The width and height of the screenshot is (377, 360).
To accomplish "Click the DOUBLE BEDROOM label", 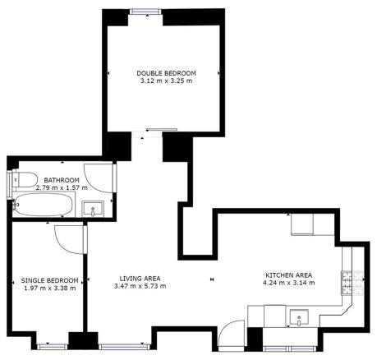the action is pos(166,73).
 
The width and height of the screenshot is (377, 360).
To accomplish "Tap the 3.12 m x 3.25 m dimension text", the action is pos(166,81).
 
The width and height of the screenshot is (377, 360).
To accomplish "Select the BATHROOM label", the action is pos(62,180).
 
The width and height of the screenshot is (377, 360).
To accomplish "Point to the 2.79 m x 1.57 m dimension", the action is pos(62,187).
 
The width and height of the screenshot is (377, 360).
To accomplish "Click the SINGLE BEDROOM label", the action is pos(50,280).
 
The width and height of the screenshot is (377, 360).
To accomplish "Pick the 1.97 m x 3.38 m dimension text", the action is pos(50,288).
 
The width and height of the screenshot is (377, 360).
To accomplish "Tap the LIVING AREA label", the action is pos(140,279).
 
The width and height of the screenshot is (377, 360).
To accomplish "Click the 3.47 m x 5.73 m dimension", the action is pos(140,286).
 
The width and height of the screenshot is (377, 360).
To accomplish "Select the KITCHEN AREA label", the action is pos(289,275).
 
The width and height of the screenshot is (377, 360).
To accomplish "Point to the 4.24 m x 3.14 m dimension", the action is pos(289,283).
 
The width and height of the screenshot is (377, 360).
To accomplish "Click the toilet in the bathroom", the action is pos(24,180).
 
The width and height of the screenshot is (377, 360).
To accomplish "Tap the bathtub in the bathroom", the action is pos(44,205).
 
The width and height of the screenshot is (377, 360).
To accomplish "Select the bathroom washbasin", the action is pos(93,209).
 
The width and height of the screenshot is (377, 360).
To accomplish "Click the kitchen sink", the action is pos(299,317).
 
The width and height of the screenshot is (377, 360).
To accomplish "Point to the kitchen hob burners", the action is pos(352,283).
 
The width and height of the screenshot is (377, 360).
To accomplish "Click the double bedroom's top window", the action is pos(145,12).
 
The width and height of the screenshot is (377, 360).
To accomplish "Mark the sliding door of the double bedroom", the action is pos(162,129).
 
